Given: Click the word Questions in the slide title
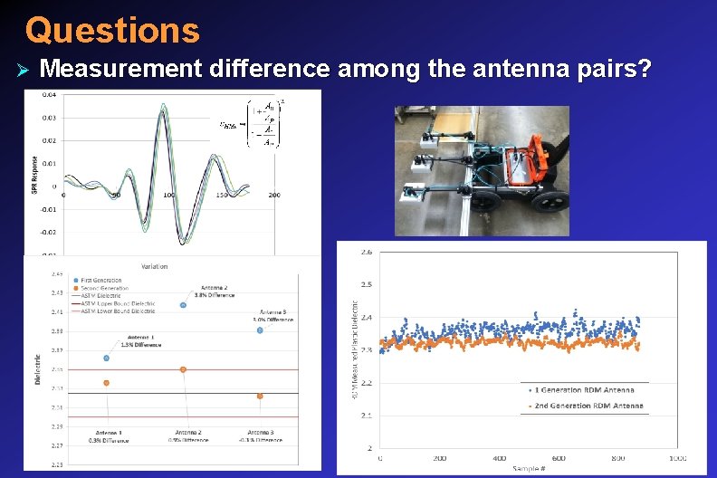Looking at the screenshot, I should pos(111,30).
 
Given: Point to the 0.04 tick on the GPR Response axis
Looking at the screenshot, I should pos(48,94).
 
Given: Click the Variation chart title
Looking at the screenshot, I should pos(154,266).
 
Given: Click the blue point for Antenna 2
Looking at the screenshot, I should pos(183,305).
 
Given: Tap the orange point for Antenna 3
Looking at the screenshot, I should pos(260,396).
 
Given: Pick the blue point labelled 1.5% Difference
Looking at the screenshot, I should pos(106,358).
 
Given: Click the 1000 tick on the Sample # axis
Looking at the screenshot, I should pos(678,459).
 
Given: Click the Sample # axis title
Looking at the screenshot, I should pos(529,471).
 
